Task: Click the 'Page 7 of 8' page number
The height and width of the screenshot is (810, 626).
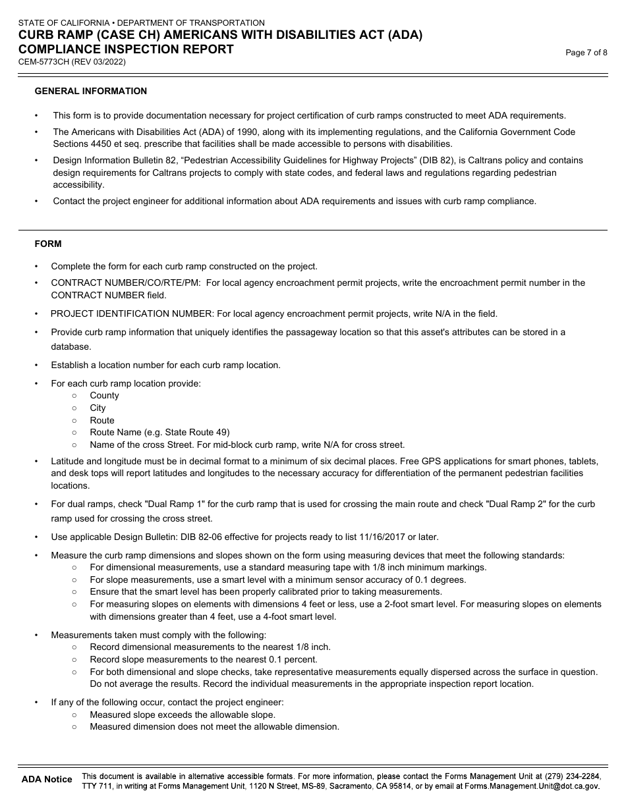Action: (586, 53)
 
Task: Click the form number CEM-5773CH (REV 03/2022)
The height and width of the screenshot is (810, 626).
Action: (72, 62)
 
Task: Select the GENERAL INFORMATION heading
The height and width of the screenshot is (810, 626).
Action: (91, 91)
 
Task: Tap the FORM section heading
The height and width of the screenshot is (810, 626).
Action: (48, 244)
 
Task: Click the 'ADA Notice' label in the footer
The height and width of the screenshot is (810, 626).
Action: (47, 779)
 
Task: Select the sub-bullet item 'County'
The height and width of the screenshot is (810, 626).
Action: (104, 395)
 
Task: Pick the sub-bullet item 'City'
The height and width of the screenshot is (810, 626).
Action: (98, 408)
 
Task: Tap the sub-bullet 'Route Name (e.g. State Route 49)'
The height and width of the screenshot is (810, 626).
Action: (159, 432)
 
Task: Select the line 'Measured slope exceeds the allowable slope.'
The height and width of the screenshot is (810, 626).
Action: (183, 715)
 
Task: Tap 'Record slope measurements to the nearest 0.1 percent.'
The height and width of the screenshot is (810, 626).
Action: (204, 659)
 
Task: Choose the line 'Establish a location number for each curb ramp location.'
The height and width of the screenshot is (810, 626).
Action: (165, 365)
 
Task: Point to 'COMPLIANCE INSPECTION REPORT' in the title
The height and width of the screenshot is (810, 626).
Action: (126, 49)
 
